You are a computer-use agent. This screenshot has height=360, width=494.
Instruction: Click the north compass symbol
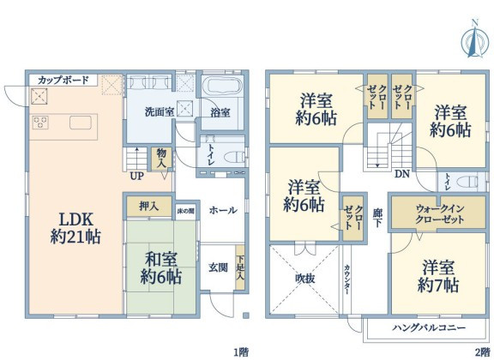coord(475,39)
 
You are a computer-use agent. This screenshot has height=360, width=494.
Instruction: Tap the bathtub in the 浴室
coord(221,86)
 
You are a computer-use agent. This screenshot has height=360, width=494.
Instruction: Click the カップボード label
coord(63,80)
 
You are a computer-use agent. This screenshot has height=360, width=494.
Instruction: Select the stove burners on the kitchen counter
coord(40,123)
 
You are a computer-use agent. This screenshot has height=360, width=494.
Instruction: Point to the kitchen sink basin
coord(81,123)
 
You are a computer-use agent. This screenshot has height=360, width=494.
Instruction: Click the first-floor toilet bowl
coord(236,156)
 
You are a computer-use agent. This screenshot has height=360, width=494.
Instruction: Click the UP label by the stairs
coord(137,176)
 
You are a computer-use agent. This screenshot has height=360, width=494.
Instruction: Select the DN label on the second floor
coord(402,173)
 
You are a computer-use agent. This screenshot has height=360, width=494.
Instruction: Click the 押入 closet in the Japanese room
coord(149,207)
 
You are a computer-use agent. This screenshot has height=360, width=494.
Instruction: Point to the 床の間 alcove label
coord(185,211)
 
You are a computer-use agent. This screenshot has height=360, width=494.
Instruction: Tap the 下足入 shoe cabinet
coord(240,267)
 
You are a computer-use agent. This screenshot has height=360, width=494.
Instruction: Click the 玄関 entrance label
coord(219,267)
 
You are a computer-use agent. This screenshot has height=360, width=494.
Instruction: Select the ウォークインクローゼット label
coord(440,213)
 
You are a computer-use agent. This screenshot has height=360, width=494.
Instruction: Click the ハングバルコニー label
coord(429,327)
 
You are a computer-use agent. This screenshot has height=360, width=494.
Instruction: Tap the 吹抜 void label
coord(305,279)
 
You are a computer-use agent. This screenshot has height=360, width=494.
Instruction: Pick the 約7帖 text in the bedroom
coord(438,285)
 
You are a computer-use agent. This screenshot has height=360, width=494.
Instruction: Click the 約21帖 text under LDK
coord(75,237)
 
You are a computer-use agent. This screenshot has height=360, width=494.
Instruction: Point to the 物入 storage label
coord(161,159)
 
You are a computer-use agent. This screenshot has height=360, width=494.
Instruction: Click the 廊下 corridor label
coord(377,218)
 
